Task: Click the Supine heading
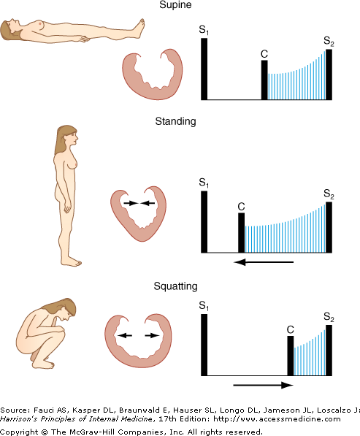pyautogui.click(x=175, y=5)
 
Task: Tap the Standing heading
pyautogui.click(x=175, y=121)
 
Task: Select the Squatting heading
pyautogui.click(x=176, y=286)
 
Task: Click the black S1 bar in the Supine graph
pyautogui.click(x=204, y=69)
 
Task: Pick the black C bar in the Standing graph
pyautogui.click(x=242, y=233)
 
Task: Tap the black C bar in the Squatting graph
pyautogui.click(x=290, y=356)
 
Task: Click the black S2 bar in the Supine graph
pyautogui.click(x=329, y=74)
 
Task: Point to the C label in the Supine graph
pyautogui.click(x=264, y=54)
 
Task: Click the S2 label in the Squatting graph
pyautogui.click(x=329, y=317)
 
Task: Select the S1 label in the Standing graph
pyautogui.click(x=204, y=183)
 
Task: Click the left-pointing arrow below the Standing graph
pyautogui.click(x=264, y=262)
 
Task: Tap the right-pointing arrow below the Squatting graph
pyautogui.click(x=264, y=385)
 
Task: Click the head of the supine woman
pyautogui.click(x=10, y=28)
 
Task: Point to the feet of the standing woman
pyautogui.click(x=71, y=261)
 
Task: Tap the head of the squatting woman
pyautogui.click(x=65, y=309)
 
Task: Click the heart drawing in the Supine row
pyautogui.click(x=153, y=74)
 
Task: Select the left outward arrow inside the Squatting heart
pyautogui.click(x=124, y=335)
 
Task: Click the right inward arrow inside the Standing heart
pyautogui.click(x=148, y=203)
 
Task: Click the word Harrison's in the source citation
pyautogui.click(x=19, y=418)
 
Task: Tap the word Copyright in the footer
pyautogui.click(x=19, y=432)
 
